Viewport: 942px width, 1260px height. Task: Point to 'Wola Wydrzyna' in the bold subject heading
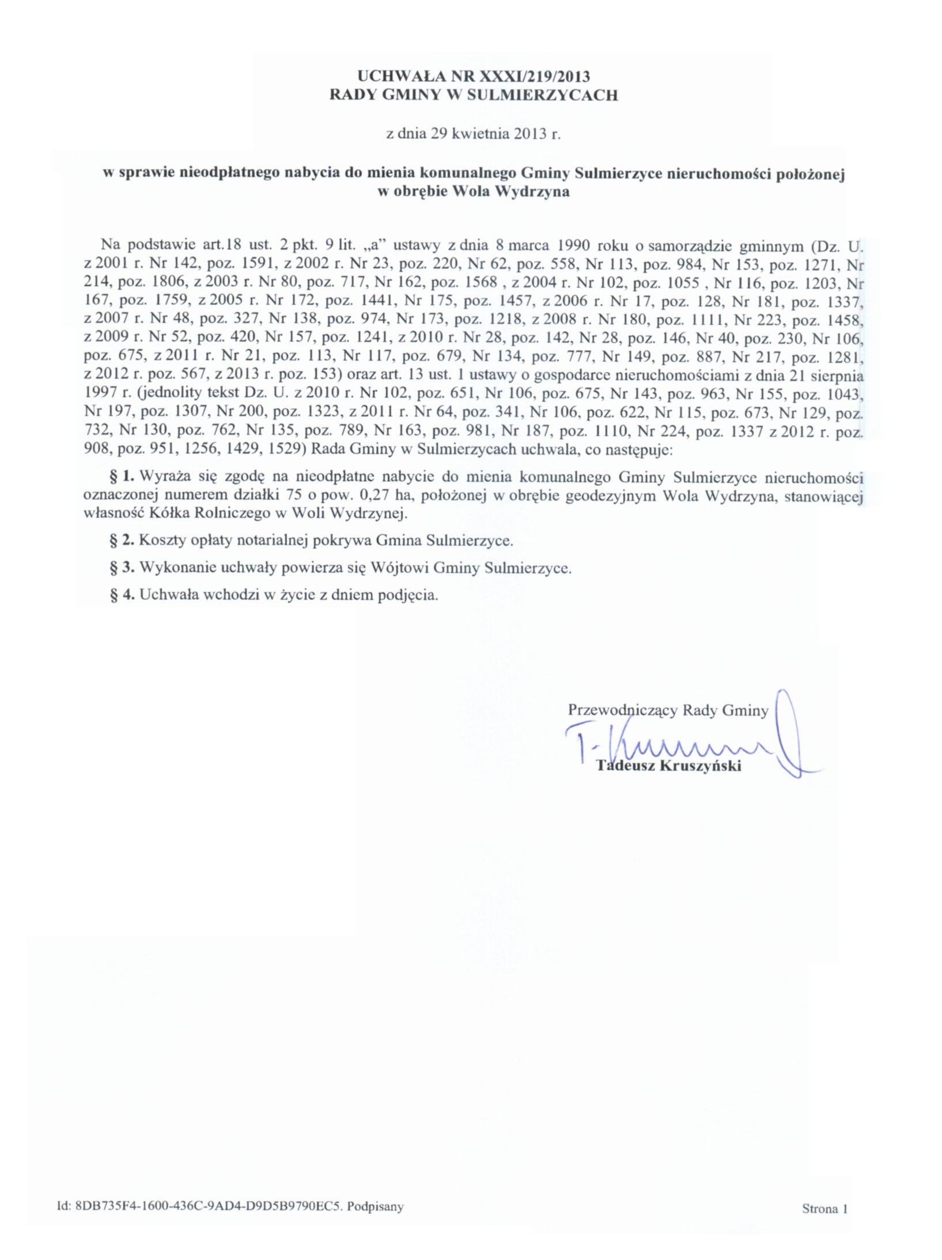pyautogui.click(x=507, y=192)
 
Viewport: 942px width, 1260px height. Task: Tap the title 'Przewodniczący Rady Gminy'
pyautogui.click(x=668, y=710)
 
